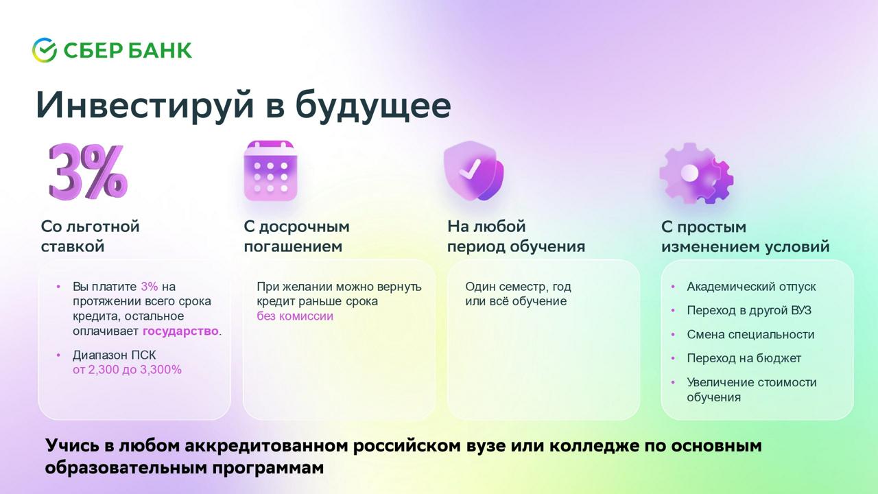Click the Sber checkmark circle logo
45,50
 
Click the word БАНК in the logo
160,50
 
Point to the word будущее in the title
373,105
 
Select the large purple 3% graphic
88,172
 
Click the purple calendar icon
270,171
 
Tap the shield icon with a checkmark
473,171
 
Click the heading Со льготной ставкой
90,237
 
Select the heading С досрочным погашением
297,237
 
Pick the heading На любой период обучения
517,237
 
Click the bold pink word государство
180,331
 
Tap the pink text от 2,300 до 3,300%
127,370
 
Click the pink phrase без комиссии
295,316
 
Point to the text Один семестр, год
518,287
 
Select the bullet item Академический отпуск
751,287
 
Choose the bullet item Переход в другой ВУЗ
748,311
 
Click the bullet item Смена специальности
750,334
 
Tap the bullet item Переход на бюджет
744,358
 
